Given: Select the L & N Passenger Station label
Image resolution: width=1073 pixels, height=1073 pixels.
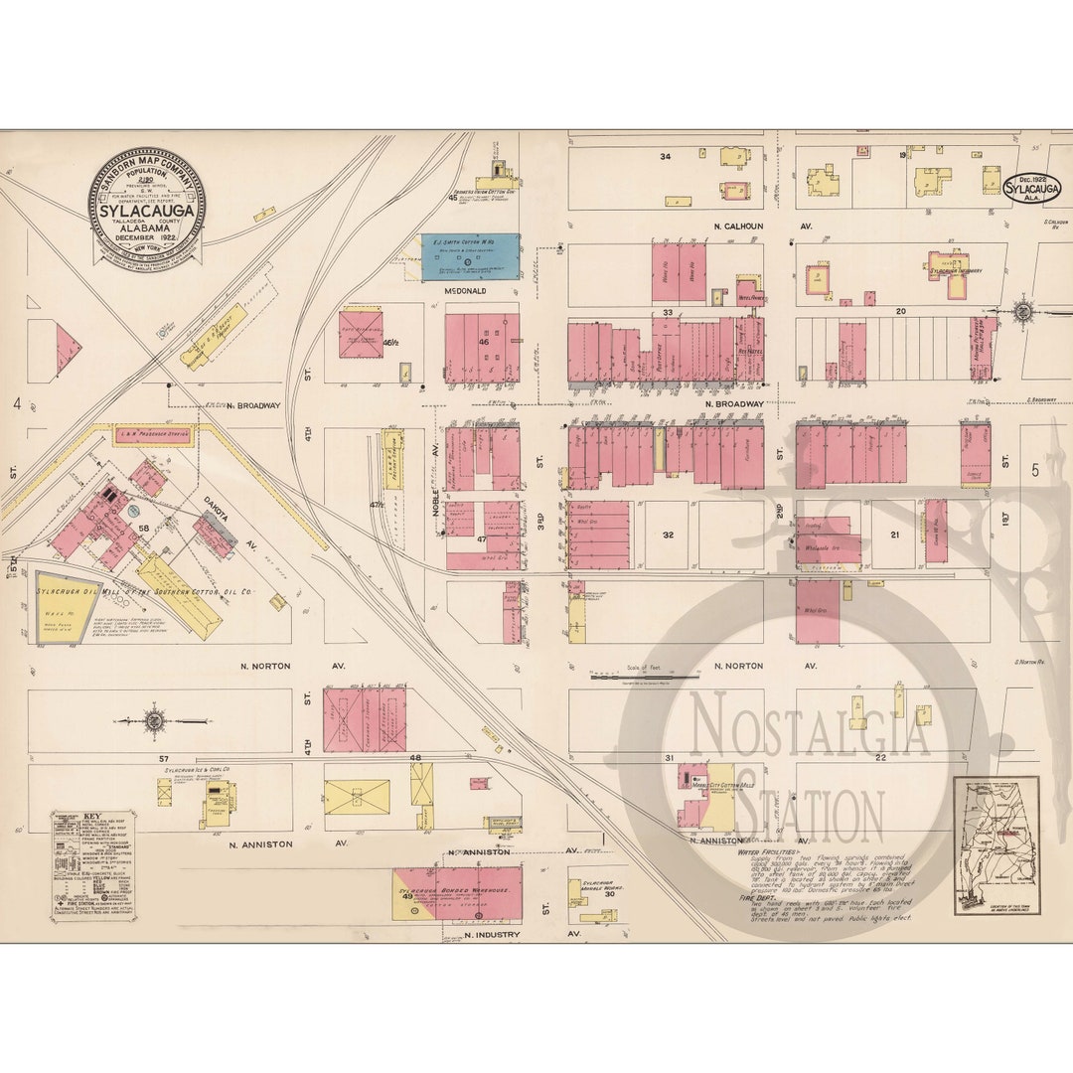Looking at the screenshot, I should pos(153,434).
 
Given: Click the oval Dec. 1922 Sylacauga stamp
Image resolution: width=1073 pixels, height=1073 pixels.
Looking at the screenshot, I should pos(1031,189).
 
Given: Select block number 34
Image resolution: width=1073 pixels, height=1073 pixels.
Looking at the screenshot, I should pos(665,156).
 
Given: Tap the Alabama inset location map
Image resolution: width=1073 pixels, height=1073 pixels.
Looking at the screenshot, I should pos(996,845).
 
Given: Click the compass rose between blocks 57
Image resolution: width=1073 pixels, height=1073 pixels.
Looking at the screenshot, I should pos(154,720).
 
